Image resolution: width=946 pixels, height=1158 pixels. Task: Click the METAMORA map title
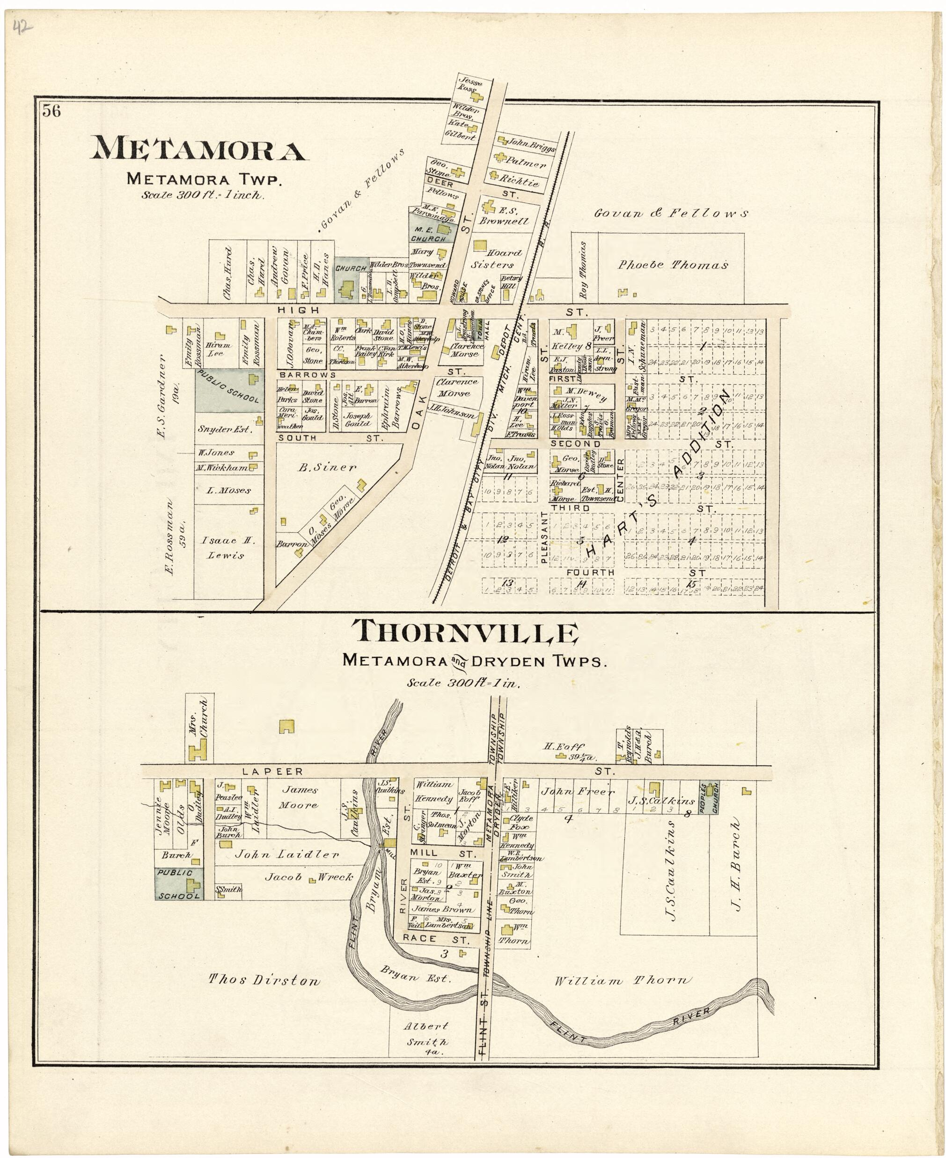coord(199,149)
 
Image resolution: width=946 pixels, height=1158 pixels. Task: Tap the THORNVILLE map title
coord(465,633)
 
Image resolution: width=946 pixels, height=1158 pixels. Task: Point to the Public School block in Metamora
coord(229,390)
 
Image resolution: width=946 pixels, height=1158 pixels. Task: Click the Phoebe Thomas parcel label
coord(673,265)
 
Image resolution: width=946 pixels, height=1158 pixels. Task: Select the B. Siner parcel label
coord(327,467)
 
